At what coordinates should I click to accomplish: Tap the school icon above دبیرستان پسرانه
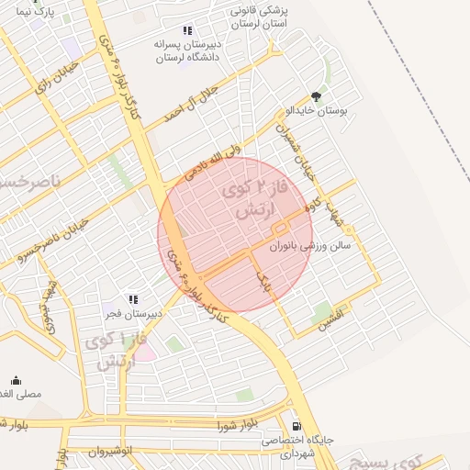[188, 30]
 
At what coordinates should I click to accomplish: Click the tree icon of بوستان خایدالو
[317, 95]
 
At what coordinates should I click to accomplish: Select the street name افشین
[332, 320]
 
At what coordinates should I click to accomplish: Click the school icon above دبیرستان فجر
[134, 299]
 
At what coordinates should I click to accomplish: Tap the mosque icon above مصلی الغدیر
[16, 380]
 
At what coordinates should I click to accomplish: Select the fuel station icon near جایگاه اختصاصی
[296, 426]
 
